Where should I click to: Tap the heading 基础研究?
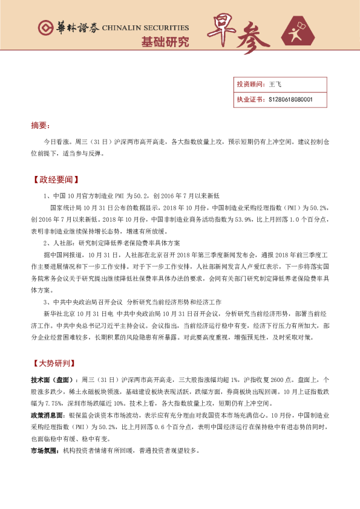(165, 42)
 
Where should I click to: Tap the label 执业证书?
(249, 99)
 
